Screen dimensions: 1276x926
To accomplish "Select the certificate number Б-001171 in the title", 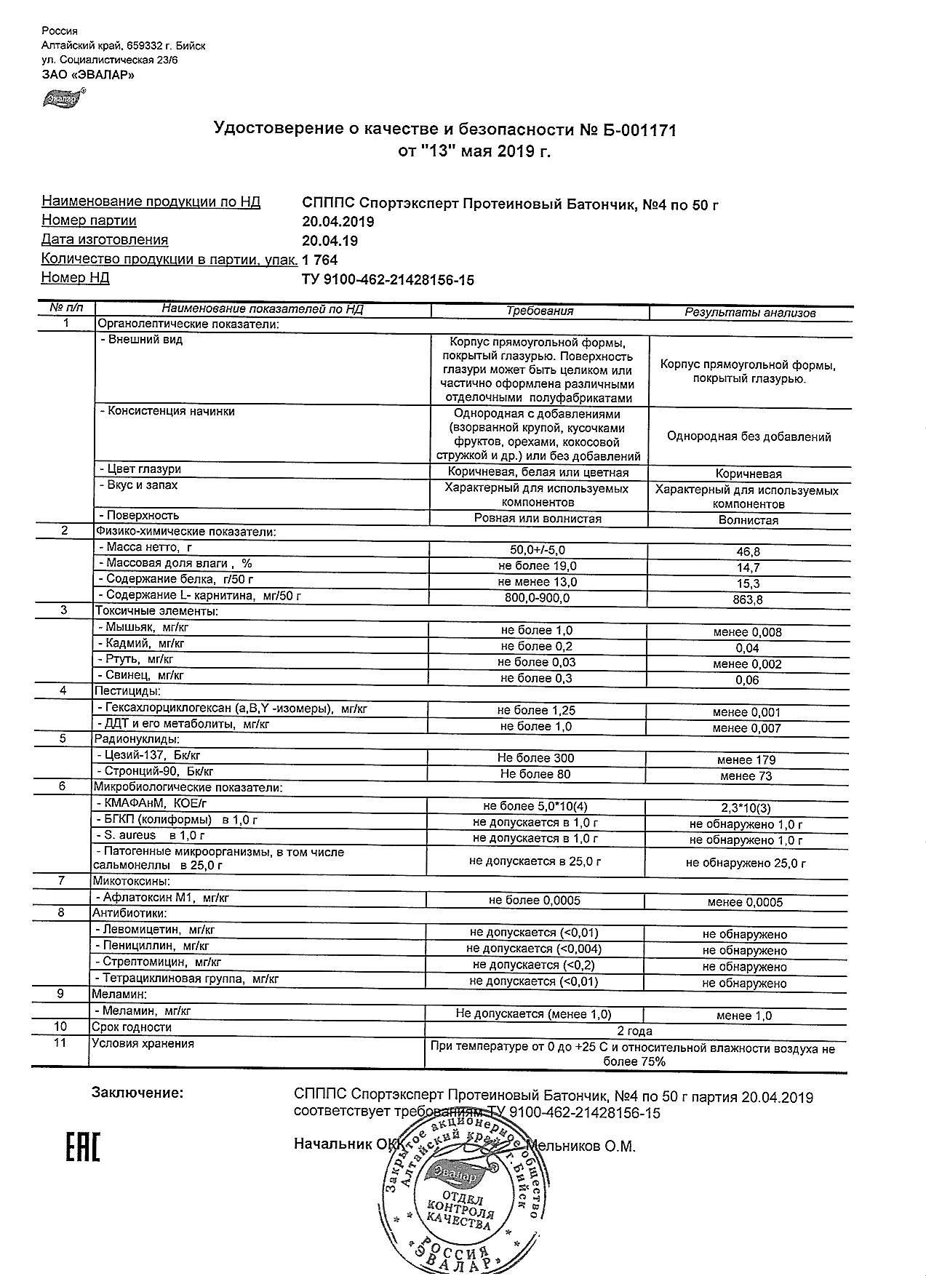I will pyautogui.click(x=637, y=130).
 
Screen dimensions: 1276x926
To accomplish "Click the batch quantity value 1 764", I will pyautogui.click(x=320, y=260).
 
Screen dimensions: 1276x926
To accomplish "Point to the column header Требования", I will pyautogui.click(x=540, y=311).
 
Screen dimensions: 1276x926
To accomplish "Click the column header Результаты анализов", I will pyautogui.click(x=750, y=313).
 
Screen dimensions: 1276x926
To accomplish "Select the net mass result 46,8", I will pyautogui.click(x=748, y=552).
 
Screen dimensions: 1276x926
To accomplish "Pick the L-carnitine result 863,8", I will pyautogui.click(x=748, y=600).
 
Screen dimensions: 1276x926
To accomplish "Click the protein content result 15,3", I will pyautogui.click(x=748, y=584).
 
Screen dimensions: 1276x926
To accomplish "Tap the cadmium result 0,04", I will pyautogui.click(x=747, y=648).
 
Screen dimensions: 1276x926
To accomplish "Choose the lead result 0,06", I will pyautogui.click(x=747, y=680).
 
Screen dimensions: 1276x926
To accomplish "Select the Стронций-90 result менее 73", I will pyautogui.click(x=746, y=776).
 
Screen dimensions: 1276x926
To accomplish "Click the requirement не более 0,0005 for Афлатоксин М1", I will pyautogui.click(x=535, y=901).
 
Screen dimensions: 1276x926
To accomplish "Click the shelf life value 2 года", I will pyautogui.click(x=634, y=1031).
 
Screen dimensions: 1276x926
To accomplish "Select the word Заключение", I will pyautogui.click(x=137, y=1093).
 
